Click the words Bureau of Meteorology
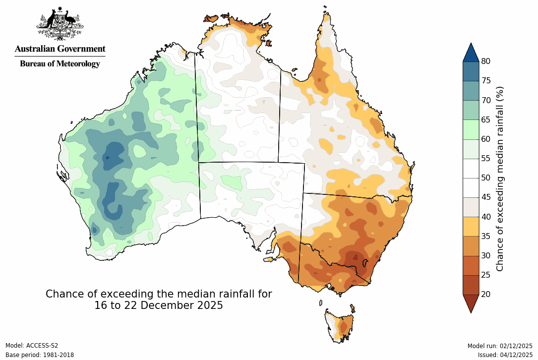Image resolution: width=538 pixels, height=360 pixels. pos(60,63)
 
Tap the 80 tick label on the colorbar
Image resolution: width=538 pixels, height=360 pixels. pos(485,61)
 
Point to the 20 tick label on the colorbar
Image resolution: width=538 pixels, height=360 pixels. pos(485,294)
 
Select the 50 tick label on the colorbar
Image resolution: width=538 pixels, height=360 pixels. pos(485,178)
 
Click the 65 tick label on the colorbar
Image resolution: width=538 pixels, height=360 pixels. pos(485,120)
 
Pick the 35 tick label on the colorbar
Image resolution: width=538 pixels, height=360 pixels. pos(485,236)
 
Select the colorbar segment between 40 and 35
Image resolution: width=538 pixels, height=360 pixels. pos(471,226)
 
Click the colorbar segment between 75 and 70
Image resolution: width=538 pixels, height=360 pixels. pos(471,90)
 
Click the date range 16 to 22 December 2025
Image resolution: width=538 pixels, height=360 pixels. pos(159,305)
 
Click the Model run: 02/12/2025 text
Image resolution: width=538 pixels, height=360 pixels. pos(500,346)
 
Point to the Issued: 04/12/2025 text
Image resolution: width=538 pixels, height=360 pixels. pos(505,355)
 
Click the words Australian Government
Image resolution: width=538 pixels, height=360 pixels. pos(60,49)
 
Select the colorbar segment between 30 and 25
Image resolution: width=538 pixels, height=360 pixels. pos(471,265)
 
